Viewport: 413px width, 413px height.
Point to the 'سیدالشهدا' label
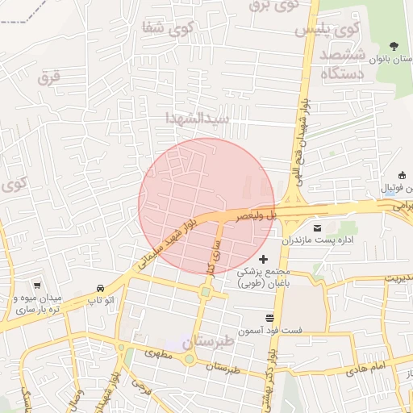point(198,119)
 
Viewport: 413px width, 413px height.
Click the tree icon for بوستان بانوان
point(394,46)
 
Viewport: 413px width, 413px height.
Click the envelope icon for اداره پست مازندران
point(316,228)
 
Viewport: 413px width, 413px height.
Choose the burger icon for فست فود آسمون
point(269,318)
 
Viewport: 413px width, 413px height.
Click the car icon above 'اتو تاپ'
point(99,288)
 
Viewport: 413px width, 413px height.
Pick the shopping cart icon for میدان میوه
point(37,285)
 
